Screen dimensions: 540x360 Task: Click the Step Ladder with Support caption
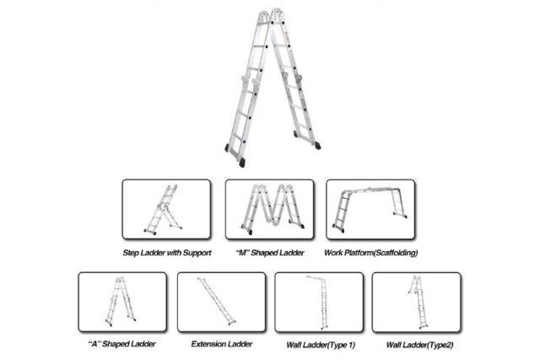(x=167, y=253)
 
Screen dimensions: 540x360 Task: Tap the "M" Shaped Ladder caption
(x=270, y=253)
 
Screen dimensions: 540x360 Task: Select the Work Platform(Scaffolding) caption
(x=371, y=253)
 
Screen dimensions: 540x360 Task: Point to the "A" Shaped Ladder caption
(x=122, y=344)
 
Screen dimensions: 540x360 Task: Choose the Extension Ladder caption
(x=222, y=344)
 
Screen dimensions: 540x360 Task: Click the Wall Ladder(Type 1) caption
(x=321, y=345)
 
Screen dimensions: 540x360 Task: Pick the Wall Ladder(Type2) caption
(x=419, y=345)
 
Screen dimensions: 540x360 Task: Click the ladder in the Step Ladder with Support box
(x=163, y=210)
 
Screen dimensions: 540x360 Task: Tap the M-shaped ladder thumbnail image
(x=273, y=209)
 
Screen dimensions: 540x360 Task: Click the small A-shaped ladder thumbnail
(x=121, y=302)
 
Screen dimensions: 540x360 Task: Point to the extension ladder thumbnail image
(x=217, y=302)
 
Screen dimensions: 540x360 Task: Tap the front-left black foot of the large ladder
(x=242, y=163)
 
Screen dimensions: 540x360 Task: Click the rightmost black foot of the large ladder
(x=317, y=146)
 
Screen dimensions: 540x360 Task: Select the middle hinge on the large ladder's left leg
(x=251, y=83)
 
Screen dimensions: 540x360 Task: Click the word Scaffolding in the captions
(x=396, y=253)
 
